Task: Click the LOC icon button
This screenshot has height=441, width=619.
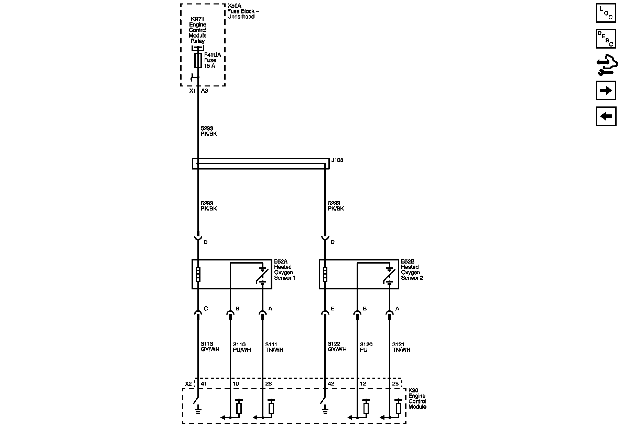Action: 606,13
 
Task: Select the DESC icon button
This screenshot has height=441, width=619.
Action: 606,39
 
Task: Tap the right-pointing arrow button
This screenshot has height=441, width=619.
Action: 606,91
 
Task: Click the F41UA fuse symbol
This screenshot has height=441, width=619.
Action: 198,60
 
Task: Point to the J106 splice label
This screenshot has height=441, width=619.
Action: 337,160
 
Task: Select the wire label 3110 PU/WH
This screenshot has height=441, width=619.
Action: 242,347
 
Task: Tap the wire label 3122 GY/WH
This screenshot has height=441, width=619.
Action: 337,347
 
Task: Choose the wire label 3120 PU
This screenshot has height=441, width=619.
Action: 366,347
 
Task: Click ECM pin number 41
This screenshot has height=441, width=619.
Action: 204,384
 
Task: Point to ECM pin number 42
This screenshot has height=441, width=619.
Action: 331,384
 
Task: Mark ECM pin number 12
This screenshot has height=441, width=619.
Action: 363,384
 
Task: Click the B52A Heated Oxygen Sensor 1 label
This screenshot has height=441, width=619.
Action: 284,270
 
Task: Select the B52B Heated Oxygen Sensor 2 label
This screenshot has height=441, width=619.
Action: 412,270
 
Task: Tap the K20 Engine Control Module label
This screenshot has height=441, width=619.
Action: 417,399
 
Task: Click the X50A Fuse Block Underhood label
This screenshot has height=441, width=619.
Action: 243,11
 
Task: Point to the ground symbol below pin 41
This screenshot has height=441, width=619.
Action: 198,410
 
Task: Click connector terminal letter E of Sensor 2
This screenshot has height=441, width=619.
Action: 333,309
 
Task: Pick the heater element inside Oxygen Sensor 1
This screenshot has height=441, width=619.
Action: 198,274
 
